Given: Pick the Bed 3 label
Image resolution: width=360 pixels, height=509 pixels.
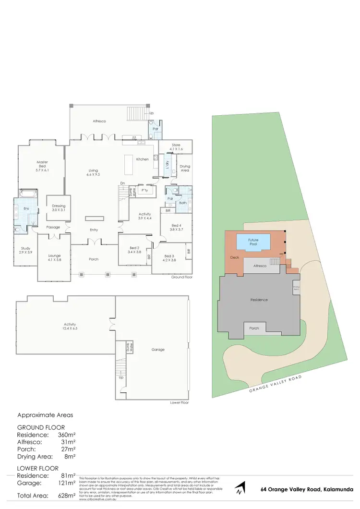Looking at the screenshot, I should point(170,258).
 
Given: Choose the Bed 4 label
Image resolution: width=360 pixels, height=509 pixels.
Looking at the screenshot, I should point(176,227).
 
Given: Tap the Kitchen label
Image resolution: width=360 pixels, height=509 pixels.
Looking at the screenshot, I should point(142,159).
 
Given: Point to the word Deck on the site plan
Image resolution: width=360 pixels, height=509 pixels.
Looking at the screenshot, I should point(235,257).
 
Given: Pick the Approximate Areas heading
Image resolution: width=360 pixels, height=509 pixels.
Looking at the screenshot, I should point(45,415).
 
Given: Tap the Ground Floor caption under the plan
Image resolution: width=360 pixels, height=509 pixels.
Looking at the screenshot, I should point(182,278).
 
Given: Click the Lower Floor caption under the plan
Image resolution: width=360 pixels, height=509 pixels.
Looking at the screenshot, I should point(179,402).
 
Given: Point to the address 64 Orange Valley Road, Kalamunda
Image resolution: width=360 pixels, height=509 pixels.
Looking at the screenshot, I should point(307,490).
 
